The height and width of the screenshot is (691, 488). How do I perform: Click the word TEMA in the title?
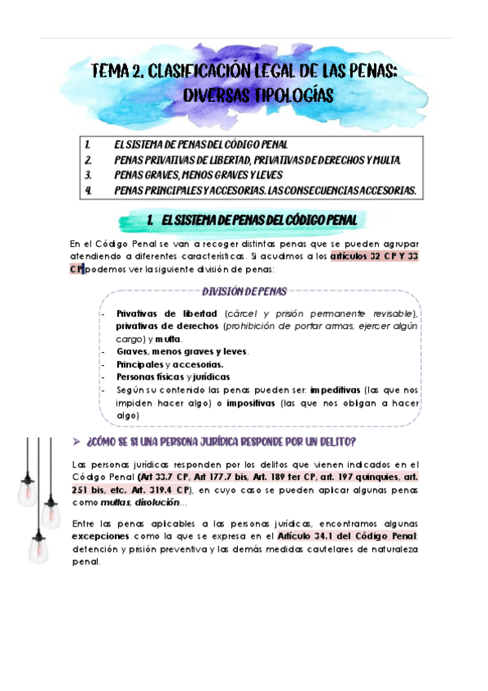click(x=111, y=73)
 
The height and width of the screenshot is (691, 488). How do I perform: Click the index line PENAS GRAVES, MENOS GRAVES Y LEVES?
click(x=204, y=175)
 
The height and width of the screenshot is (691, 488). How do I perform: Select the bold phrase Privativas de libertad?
click(x=165, y=314)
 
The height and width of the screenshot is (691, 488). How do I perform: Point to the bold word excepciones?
click(x=100, y=535)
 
